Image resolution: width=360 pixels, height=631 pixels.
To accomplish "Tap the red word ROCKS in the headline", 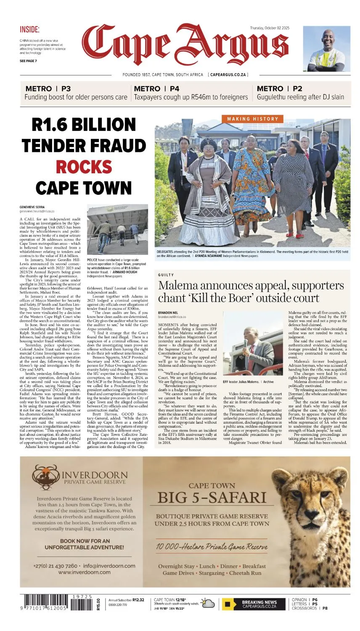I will (84, 167).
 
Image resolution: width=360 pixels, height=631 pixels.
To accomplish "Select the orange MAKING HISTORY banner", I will (253, 119).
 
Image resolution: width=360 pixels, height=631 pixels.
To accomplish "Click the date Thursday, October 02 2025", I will (270, 28).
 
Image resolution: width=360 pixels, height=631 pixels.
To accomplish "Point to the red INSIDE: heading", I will (29, 29).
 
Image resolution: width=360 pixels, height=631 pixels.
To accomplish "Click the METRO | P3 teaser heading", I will (48, 89).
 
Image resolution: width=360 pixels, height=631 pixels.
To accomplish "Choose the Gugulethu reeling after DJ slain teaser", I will (300, 97).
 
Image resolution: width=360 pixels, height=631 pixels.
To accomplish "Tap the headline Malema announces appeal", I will (251, 292).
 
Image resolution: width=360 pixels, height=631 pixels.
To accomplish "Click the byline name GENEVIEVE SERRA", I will (32, 207).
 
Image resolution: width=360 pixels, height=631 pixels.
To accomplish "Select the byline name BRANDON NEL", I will (168, 313).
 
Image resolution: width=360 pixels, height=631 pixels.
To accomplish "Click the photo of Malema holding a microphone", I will (253, 353).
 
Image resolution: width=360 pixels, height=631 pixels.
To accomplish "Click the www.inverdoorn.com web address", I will (84, 572).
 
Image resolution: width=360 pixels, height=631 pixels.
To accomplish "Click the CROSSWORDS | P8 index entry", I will (310, 608).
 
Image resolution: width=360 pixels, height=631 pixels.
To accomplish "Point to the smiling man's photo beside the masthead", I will (326, 49).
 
